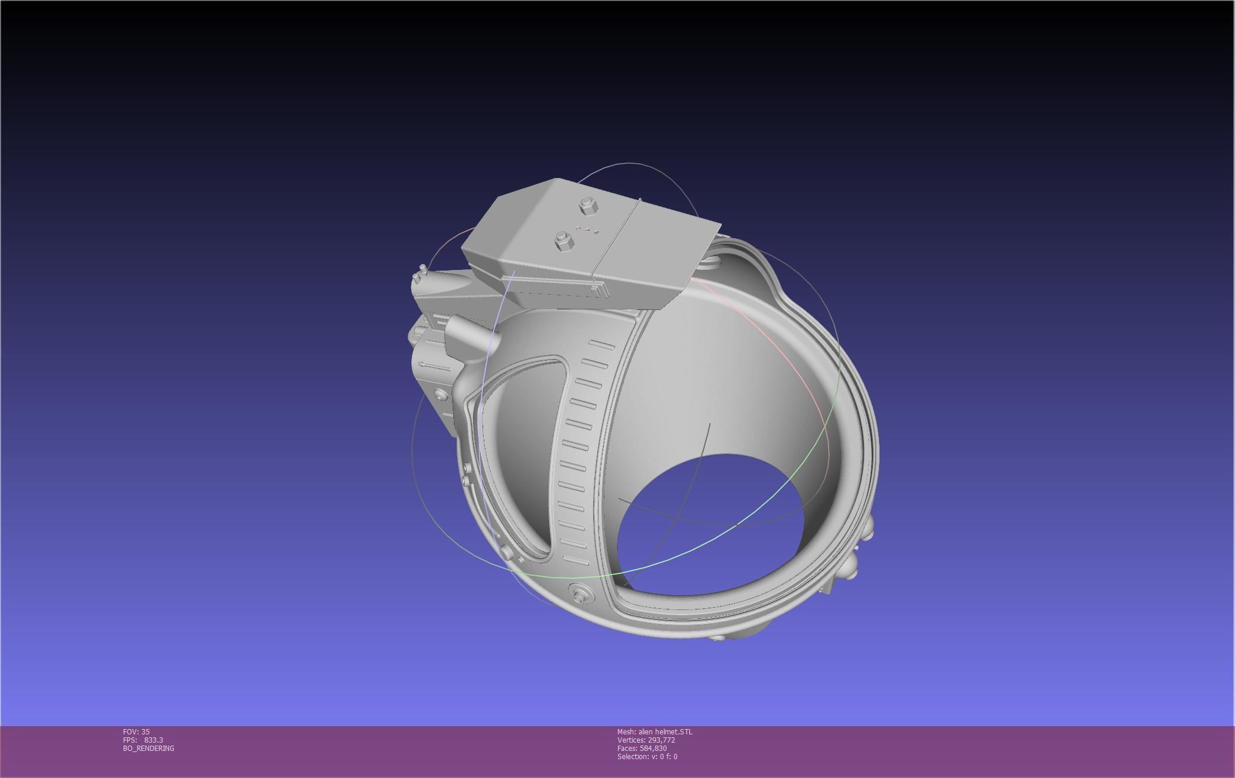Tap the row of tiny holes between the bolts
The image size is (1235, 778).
click(x=587, y=230)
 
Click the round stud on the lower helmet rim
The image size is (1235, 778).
click(x=579, y=592)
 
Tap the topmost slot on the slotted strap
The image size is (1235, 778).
click(x=602, y=345)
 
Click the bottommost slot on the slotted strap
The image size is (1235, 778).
click(x=575, y=559)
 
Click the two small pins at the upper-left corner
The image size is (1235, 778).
click(x=420, y=275)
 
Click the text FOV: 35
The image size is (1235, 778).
click(x=136, y=731)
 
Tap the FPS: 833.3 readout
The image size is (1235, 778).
click(x=143, y=740)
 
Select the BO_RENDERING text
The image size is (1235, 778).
click(x=148, y=748)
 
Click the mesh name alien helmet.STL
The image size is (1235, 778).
click(x=655, y=731)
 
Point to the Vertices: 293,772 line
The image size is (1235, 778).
click(x=646, y=740)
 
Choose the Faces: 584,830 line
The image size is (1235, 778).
click(x=642, y=748)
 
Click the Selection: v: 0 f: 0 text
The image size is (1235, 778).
click(x=647, y=756)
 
